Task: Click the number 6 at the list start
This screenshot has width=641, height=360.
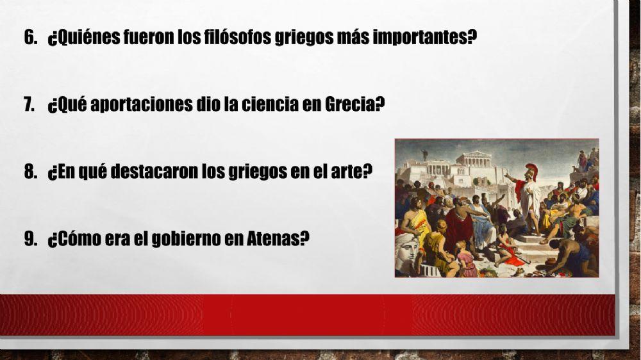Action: [29, 37]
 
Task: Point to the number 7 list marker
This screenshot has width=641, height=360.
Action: [29, 104]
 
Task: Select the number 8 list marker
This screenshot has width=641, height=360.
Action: [29, 172]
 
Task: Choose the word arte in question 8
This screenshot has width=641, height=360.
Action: [356, 172]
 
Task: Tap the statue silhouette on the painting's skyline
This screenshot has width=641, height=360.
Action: [423, 154]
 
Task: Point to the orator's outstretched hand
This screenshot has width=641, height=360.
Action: [506, 175]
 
